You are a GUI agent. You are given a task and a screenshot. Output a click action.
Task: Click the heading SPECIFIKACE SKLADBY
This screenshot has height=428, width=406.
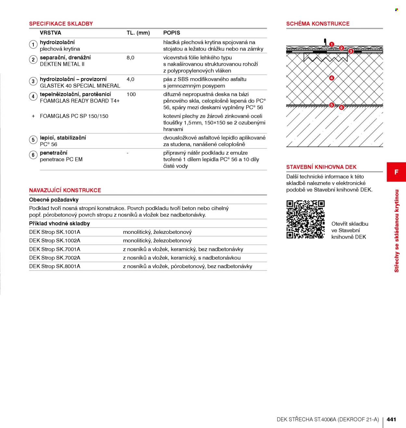click(x=61, y=24)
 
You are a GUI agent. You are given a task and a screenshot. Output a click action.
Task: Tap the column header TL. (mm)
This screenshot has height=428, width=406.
click(x=138, y=33)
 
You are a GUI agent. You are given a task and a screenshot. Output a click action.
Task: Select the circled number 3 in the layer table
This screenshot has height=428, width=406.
click(x=33, y=81)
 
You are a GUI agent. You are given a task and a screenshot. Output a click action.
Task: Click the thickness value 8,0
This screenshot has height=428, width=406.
click(x=131, y=58)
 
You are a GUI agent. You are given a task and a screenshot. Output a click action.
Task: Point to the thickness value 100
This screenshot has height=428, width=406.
click(x=131, y=95)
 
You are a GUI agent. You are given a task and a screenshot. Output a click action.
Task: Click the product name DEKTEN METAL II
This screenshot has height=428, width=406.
click(x=62, y=64)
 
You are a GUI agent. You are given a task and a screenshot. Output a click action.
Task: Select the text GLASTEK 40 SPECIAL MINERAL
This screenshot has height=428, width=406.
click(x=80, y=86)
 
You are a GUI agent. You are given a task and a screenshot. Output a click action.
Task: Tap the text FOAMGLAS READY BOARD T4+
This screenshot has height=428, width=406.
click(x=80, y=101)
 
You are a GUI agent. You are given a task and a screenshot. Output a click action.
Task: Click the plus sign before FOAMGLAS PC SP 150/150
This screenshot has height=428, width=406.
click(x=33, y=116)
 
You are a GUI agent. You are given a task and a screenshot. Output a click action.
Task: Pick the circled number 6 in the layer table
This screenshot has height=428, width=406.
click(x=33, y=155)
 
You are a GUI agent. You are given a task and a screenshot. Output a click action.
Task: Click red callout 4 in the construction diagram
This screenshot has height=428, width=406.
click(x=331, y=78)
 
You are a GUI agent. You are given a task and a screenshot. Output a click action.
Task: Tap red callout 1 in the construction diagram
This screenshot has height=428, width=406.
click(x=331, y=45)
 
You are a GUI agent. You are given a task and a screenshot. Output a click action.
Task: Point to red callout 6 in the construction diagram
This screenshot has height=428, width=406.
click(x=341, y=107)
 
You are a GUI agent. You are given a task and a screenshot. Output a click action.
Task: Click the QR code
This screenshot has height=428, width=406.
click(x=306, y=220)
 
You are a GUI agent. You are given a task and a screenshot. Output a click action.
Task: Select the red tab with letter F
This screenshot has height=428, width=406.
click(x=396, y=172)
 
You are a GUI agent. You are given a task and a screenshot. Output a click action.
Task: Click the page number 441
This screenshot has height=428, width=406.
click(x=391, y=419)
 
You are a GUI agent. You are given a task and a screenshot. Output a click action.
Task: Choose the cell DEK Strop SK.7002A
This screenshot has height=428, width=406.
click(x=55, y=258)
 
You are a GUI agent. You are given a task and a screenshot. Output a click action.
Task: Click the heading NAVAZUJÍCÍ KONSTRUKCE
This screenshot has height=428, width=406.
click(x=65, y=190)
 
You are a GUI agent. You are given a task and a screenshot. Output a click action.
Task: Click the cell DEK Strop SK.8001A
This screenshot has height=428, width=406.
click(x=55, y=266)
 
